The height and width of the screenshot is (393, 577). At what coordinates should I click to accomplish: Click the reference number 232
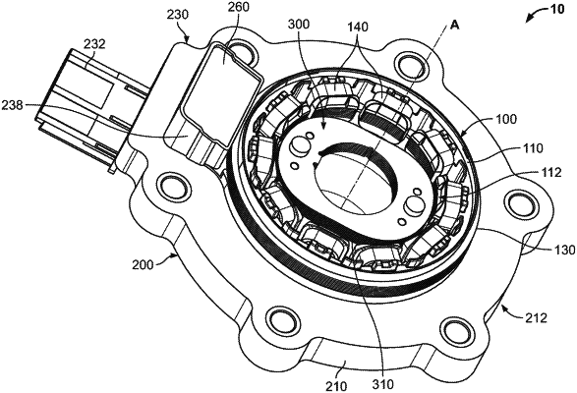(x=94, y=44)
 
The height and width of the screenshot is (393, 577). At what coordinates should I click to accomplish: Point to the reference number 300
(x=299, y=25)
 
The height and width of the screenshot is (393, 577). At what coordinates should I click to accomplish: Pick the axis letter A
(x=455, y=25)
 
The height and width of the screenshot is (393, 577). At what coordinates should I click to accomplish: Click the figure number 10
(x=556, y=9)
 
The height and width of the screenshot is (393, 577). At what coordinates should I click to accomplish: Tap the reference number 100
(x=505, y=120)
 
